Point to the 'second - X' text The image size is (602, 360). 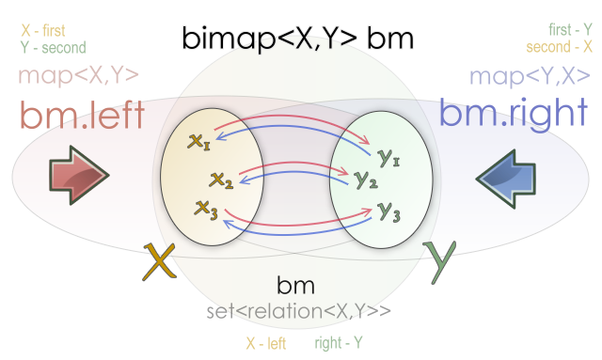(x=559, y=47)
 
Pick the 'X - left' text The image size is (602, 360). (x=266, y=343)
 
